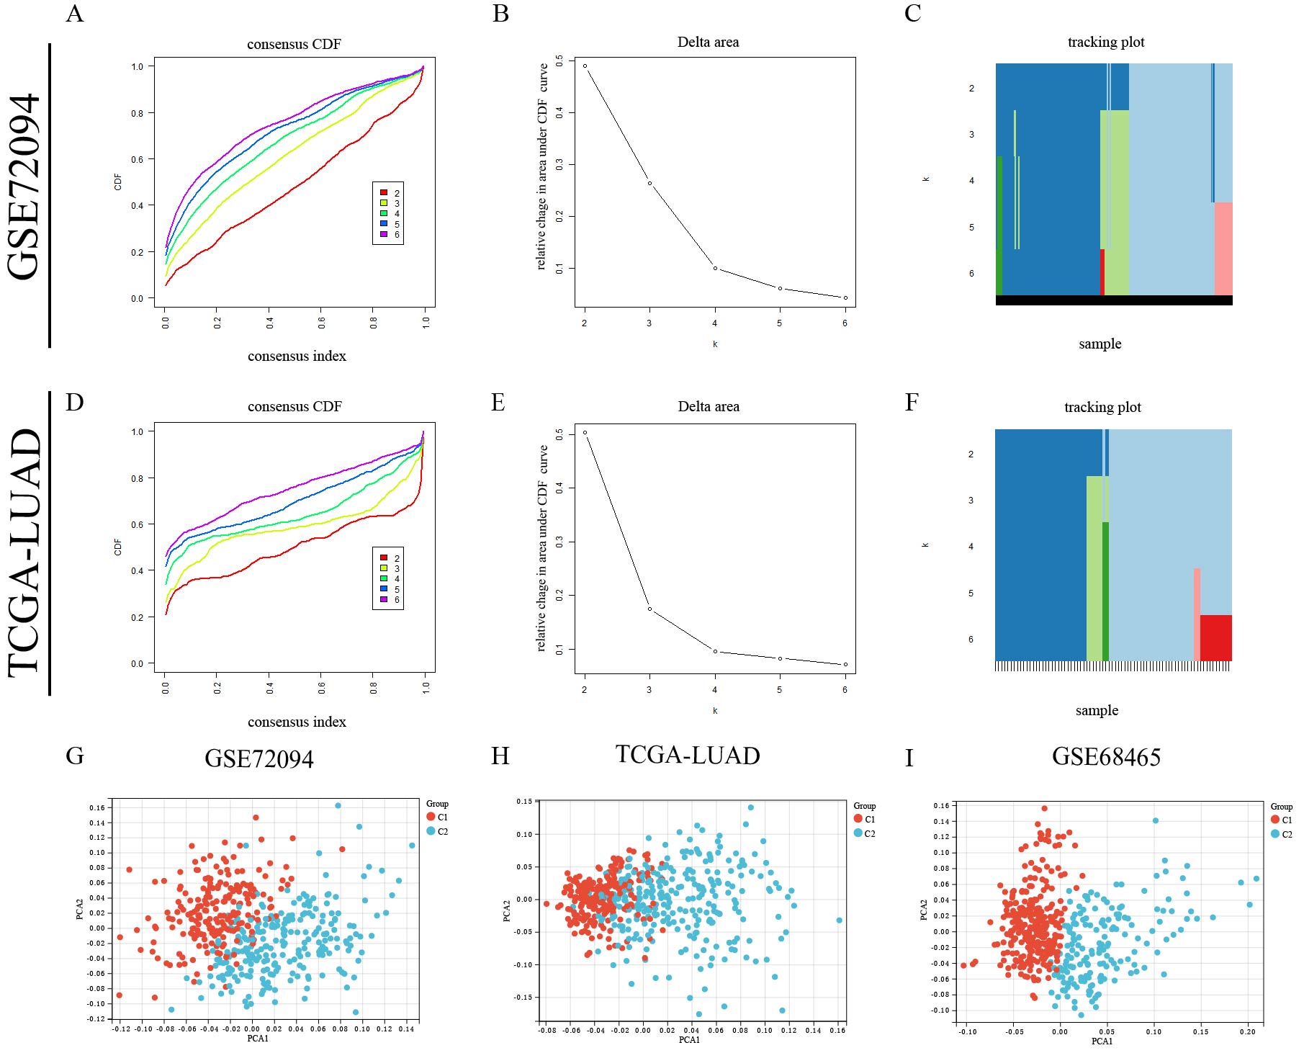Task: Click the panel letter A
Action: [75, 14]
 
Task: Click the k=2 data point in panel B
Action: [585, 66]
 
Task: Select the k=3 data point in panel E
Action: [649, 609]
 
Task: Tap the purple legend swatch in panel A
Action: [384, 234]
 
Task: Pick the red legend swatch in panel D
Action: [384, 557]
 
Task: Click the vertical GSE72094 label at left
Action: [24, 187]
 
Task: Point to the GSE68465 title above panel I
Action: [1106, 757]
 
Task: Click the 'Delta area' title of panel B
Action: [708, 42]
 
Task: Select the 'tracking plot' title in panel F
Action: [1102, 407]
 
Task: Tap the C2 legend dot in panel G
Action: [431, 831]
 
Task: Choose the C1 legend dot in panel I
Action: [1275, 820]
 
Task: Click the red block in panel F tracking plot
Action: [1215, 637]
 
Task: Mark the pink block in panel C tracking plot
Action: [1223, 248]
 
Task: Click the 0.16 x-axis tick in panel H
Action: [837, 1031]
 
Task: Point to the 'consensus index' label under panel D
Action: [297, 722]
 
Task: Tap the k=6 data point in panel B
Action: [845, 297]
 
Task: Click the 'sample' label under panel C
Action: [1100, 344]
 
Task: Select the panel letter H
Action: [500, 756]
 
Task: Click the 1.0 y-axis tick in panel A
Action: [138, 66]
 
